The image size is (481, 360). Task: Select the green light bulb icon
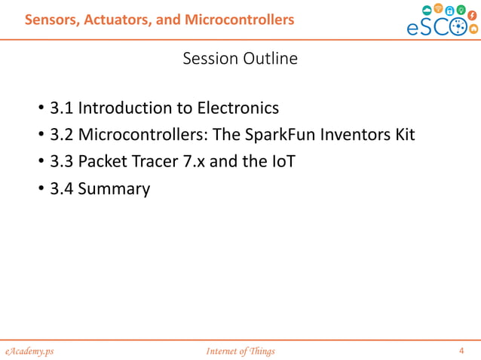(x=461, y=9)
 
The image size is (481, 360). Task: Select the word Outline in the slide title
(x=269, y=58)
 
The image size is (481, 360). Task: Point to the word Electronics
(x=237, y=108)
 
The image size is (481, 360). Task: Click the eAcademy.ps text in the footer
(x=28, y=351)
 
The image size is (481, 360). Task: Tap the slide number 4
(x=462, y=350)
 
